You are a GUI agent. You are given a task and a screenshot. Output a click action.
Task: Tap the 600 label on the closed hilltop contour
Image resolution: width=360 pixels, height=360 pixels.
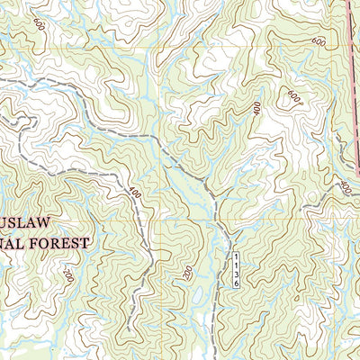click(293, 95)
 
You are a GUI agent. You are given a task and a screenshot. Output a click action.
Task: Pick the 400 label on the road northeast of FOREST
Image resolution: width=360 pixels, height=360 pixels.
click(135, 193)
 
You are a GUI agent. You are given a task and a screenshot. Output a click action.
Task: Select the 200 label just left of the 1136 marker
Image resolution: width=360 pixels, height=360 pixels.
click(188, 271)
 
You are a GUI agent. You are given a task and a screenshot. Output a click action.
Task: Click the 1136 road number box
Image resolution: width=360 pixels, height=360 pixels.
click(231, 268)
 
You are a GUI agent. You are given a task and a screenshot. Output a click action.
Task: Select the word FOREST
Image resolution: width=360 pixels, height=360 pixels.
click(58, 242)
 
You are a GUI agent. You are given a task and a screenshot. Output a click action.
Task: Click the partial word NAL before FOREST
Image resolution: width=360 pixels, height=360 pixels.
click(10, 242)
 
